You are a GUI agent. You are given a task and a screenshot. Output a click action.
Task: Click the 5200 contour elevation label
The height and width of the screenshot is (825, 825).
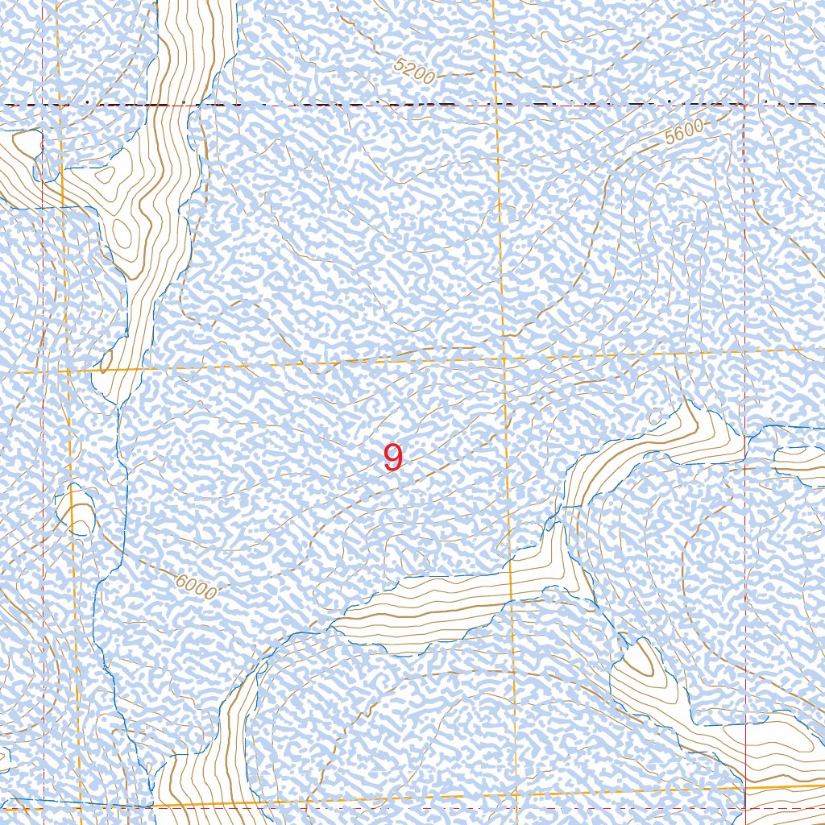(416, 73)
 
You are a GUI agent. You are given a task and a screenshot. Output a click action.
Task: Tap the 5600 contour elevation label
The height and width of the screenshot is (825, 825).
(685, 132)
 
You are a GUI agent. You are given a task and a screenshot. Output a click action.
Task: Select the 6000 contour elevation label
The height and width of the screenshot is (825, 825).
(195, 587)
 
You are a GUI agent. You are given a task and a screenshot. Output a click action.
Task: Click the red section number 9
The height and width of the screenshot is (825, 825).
(392, 458)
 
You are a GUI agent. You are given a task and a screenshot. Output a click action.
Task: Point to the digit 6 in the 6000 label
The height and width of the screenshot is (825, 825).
(178, 579)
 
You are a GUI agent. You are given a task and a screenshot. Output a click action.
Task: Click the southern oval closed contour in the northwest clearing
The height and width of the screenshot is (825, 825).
(122, 234)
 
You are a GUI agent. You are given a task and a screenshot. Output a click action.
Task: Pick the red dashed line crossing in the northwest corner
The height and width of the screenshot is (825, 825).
(42, 106)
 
